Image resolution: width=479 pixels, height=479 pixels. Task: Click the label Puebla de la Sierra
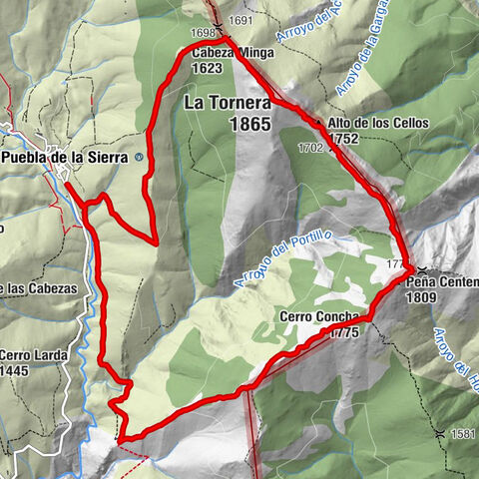pyautogui.click(x=67, y=157)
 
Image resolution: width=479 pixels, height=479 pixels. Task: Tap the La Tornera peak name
pyautogui.click(x=226, y=102)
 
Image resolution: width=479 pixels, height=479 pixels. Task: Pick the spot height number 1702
pyautogui.click(x=310, y=147)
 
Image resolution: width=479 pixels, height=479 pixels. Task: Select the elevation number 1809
pyautogui.click(x=423, y=296)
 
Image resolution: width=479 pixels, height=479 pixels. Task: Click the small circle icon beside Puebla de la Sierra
pyautogui.click(x=139, y=157)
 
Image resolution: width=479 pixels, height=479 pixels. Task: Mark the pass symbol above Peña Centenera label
pyautogui.click(x=423, y=269)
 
